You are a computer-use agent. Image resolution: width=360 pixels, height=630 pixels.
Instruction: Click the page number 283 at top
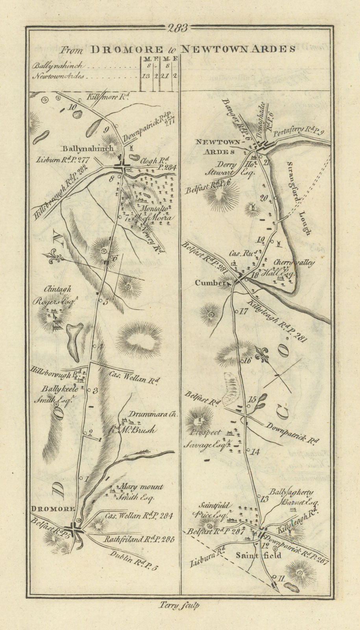(177, 28)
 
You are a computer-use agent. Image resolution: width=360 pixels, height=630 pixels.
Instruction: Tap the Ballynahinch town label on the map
(87, 149)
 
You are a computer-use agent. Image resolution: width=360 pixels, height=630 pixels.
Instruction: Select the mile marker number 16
(247, 360)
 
